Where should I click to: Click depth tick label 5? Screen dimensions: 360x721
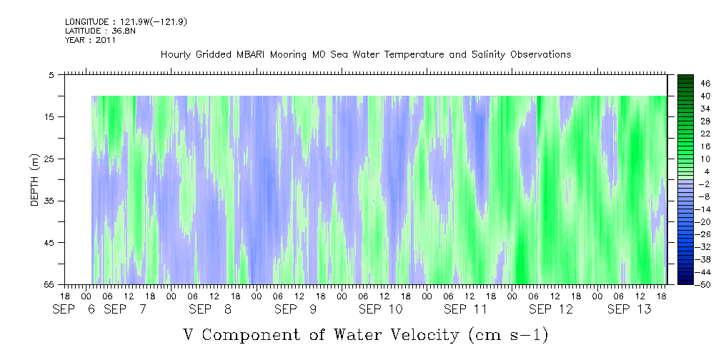(x=51, y=74)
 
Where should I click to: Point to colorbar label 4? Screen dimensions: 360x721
(x=686, y=171)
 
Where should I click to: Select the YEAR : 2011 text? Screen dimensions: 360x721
(x=90, y=40)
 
